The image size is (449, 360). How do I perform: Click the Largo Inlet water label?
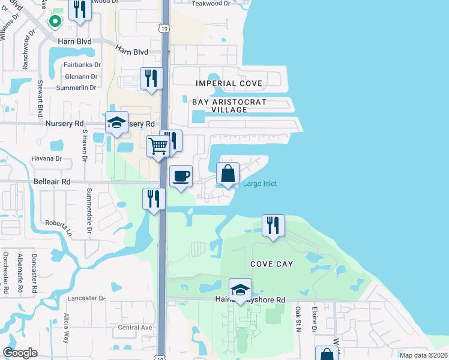pyautogui.click(x=260, y=184)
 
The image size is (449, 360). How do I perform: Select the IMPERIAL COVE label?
pyautogui.click(x=229, y=83)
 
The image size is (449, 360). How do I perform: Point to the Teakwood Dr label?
pyautogui.click(x=210, y=3)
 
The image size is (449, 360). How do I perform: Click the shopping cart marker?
pyautogui.click(x=158, y=146)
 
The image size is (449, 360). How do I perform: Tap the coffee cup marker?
pyautogui.click(x=181, y=176)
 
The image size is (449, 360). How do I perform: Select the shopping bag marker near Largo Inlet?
pyautogui.click(x=228, y=174)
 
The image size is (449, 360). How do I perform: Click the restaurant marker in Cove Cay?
pyautogui.click(x=273, y=226)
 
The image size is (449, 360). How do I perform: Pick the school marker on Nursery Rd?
pyautogui.click(x=116, y=123)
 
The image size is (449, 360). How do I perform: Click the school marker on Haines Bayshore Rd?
pyautogui.click(x=240, y=290)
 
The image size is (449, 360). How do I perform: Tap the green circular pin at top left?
pyautogui.click(x=55, y=22)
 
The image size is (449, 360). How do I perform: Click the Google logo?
pyautogui.click(x=20, y=353)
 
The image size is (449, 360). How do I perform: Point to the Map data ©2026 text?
pyautogui.click(x=423, y=355)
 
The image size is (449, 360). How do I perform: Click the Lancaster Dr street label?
pyautogui.click(x=86, y=298)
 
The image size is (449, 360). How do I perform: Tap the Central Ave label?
pyautogui.click(x=135, y=328)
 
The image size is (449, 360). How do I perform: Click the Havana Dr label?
pyautogui.click(x=47, y=159)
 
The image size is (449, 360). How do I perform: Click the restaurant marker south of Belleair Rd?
pyautogui.click(x=154, y=199)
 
